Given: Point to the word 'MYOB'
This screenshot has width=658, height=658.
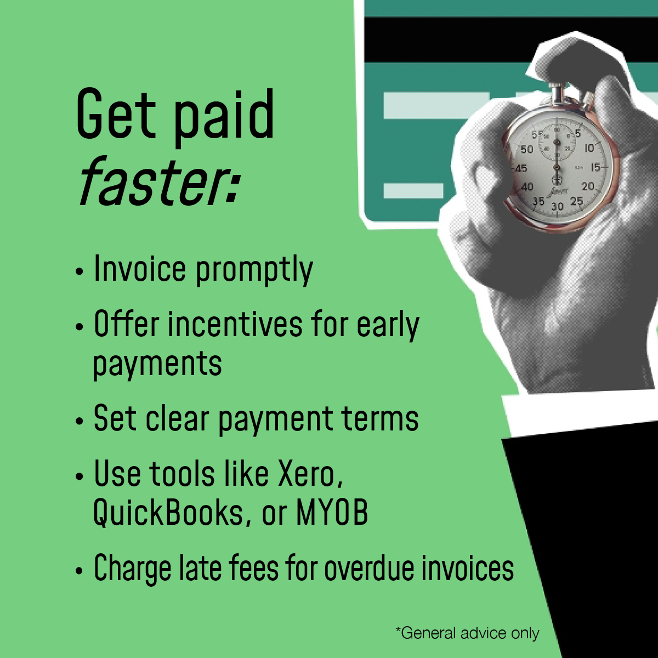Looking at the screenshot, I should coord(332,513).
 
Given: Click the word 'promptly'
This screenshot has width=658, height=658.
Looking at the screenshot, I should coord(254,270).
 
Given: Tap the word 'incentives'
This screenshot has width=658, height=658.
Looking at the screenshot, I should coord(235,325).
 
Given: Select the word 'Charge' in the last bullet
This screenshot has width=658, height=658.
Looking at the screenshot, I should coord(132,568).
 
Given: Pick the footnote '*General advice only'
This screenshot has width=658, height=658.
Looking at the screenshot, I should coord(467,633).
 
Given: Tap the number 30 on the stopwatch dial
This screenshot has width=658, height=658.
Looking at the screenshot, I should coord(557,207).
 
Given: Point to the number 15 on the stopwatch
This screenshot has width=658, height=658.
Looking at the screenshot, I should coord(595,168).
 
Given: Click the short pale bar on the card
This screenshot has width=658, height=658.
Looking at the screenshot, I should coord(413,191).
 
